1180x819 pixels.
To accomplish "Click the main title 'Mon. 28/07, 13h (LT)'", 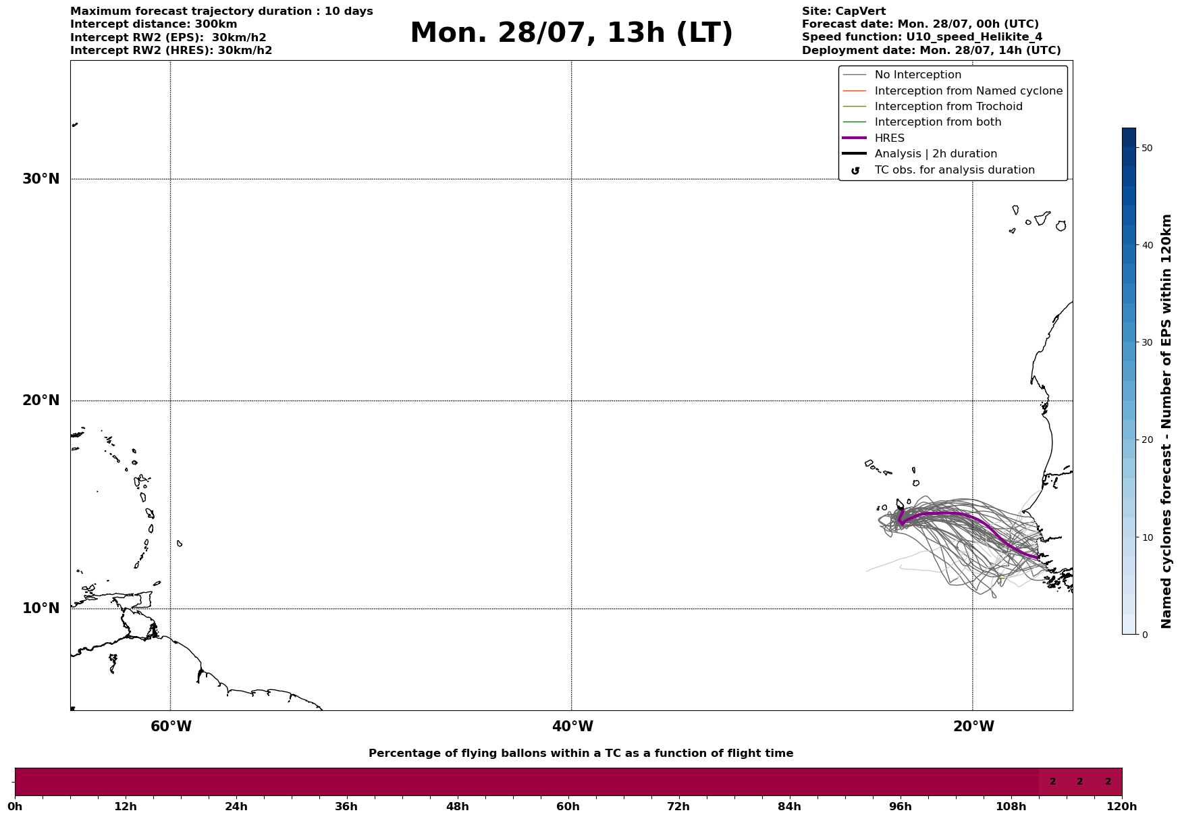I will (571, 33).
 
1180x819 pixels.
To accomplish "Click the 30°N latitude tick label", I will (41, 179).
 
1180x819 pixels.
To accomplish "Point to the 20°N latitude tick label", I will (41, 400).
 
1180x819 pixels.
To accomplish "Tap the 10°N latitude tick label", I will (41, 608).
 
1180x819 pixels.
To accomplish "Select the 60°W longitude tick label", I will (171, 726).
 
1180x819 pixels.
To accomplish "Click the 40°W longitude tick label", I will (572, 726).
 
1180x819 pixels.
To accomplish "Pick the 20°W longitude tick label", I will (973, 726).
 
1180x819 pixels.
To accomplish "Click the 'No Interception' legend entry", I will (917, 75).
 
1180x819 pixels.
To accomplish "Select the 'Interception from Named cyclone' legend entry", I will (968, 91).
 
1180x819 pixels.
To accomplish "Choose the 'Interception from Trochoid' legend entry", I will (948, 107).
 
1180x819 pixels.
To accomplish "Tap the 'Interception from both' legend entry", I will (938, 122).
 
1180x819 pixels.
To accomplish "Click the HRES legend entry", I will (889, 138).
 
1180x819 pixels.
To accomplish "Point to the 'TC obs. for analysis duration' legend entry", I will (954, 170).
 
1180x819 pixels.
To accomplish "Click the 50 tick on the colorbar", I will (1146, 148).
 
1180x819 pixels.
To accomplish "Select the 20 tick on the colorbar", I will (1146, 440).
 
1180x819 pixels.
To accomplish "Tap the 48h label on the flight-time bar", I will (457, 807).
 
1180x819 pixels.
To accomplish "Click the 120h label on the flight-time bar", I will (1122, 807).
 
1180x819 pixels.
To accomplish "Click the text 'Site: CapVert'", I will (843, 11).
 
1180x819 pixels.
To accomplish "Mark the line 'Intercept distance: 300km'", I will (153, 24).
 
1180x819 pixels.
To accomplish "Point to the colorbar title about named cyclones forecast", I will (1166, 421).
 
